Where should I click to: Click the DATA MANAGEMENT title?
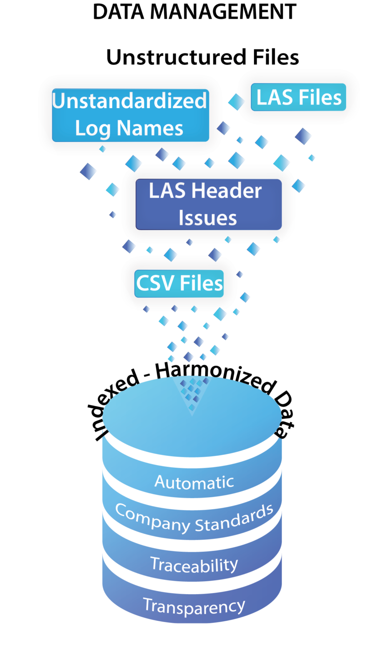194,12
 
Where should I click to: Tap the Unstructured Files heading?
202,57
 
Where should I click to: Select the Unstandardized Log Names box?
130,115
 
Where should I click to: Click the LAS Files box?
299,97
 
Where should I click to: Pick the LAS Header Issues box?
209,204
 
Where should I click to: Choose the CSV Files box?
179,284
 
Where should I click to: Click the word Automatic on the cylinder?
194,482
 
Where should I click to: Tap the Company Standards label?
194,518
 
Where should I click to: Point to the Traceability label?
194,564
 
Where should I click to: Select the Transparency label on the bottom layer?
194,606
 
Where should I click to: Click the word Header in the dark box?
226,191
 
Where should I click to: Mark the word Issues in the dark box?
208,218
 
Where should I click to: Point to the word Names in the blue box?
150,129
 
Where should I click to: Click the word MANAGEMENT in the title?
223,12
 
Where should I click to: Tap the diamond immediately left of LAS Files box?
237,102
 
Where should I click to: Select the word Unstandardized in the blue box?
129,100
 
